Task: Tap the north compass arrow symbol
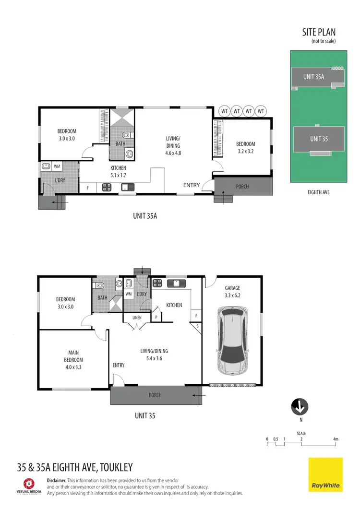[300, 408]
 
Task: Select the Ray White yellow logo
[325, 474]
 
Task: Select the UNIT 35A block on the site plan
[314, 76]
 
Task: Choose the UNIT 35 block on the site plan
[319, 139]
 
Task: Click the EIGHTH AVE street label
[318, 192]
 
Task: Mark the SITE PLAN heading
[319, 33]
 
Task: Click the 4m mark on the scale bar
[336, 439]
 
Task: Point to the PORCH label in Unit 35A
[243, 186]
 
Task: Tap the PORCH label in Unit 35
[155, 395]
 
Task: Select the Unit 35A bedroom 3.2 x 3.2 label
[245, 147]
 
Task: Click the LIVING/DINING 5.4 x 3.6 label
[154, 355]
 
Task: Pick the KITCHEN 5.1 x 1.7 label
[118, 171]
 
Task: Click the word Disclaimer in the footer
[57, 480]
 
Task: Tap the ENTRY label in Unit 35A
[191, 185]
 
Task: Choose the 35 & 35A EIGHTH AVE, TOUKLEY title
[74, 467]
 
